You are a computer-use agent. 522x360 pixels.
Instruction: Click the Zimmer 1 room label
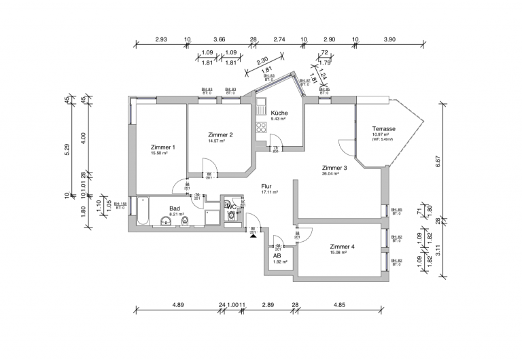click(163, 147)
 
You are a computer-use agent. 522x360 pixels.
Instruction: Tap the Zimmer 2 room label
click(220, 134)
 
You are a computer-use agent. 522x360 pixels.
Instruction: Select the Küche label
click(279, 113)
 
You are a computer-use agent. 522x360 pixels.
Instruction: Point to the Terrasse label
click(384, 128)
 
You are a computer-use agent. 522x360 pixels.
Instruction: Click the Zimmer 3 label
click(334, 168)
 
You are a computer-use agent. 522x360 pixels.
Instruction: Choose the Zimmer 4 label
click(342, 246)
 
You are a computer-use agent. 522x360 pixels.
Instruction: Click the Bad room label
click(175, 208)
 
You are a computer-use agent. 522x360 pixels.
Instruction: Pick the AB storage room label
click(277, 255)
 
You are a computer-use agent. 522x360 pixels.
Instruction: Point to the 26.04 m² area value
click(331, 174)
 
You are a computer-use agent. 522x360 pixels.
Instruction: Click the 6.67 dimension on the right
click(438, 161)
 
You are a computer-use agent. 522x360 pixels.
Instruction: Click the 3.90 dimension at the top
click(389, 40)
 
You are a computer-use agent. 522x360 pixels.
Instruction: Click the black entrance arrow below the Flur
click(253, 236)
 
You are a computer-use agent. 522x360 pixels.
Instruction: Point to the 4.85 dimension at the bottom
click(338, 305)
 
